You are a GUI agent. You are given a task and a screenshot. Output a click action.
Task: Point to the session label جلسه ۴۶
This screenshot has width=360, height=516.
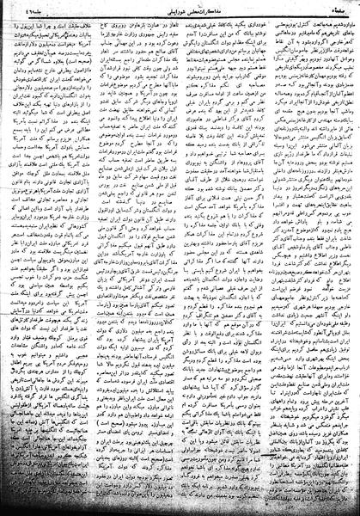click(26, 8)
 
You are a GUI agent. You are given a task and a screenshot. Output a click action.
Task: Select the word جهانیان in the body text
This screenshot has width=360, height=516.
click(249, 51)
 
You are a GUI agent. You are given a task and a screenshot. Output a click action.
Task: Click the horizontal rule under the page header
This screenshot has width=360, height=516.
click(180, 14)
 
